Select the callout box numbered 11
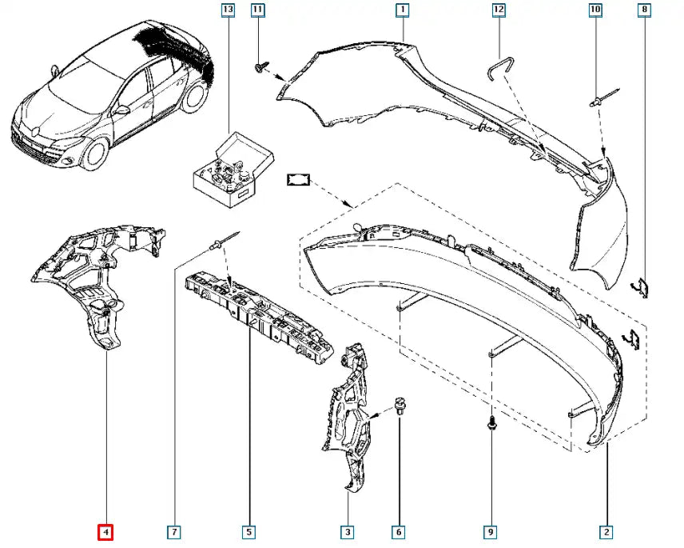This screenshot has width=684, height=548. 257,10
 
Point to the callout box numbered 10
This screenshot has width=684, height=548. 595,10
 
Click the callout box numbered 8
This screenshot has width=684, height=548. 645,10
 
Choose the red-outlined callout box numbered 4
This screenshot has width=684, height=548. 106,531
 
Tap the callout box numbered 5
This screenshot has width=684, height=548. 249,531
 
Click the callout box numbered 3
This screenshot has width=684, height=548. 348,531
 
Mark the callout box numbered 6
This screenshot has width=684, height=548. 398,531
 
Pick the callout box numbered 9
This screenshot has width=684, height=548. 490,531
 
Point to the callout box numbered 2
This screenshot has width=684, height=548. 606,531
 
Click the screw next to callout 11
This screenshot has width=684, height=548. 260,66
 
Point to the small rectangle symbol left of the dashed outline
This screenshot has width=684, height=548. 298,181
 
